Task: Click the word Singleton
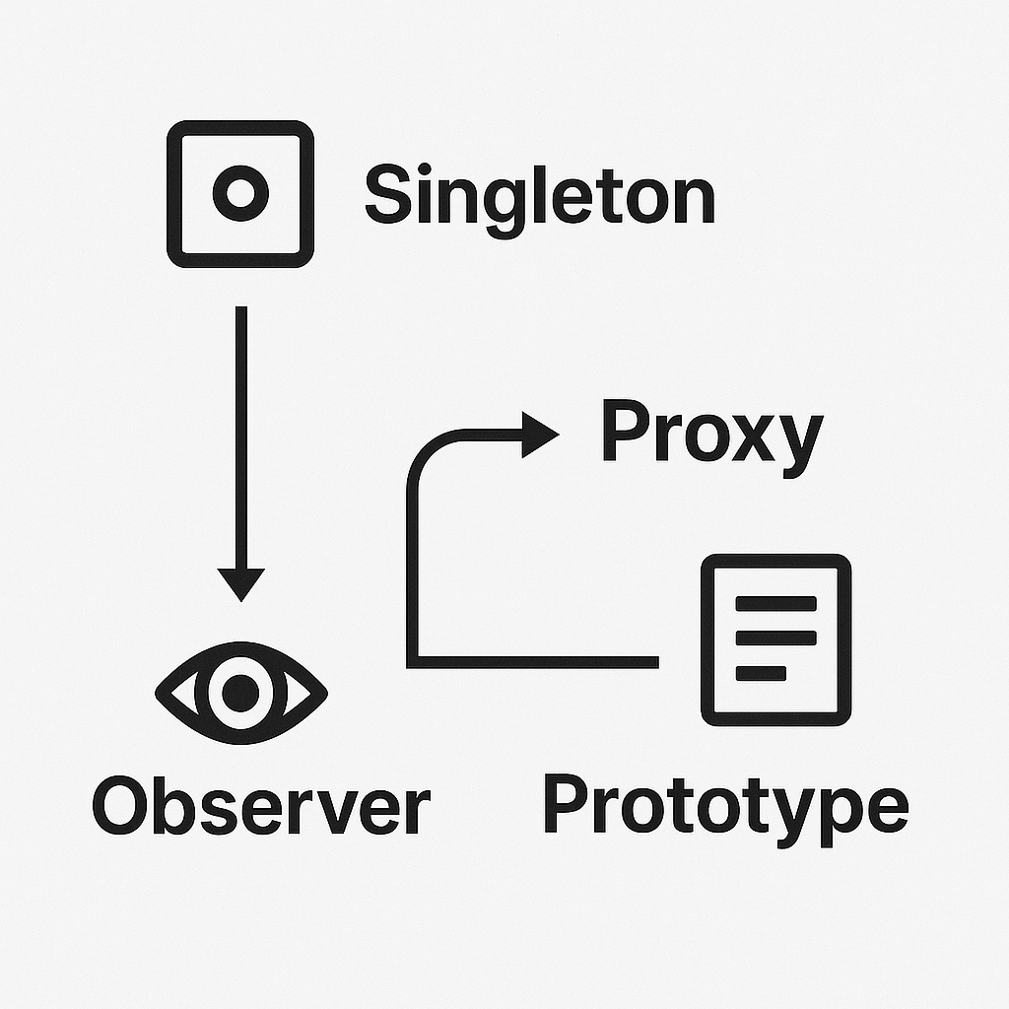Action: coord(539,195)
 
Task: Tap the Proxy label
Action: coord(710,435)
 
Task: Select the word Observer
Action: coord(261,807)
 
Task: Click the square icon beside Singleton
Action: coord(239,194)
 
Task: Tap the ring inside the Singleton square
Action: coord(239,194)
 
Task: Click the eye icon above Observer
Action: coord(240,694)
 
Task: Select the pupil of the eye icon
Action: coord(240,694)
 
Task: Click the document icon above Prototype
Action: coord(775,639)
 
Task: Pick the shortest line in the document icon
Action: coord(761,674)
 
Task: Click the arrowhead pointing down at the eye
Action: coord(241,584)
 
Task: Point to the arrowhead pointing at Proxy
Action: coord(540,435)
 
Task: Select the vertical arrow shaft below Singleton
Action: coord(241,434)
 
